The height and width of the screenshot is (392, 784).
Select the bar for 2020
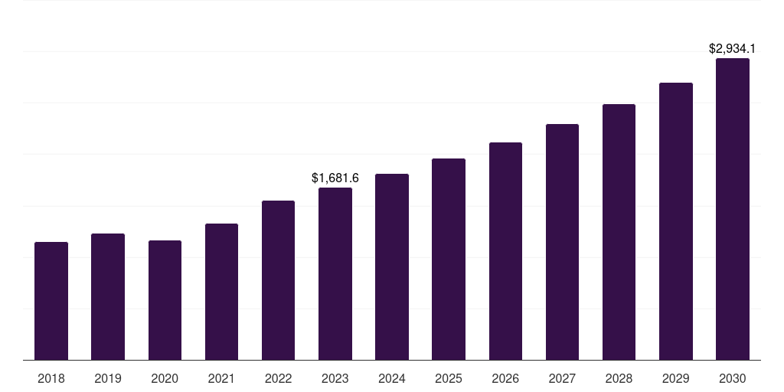tap(165, 300)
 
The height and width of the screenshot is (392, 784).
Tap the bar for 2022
tap(278, 280)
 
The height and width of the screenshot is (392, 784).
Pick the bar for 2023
tap(335, 274)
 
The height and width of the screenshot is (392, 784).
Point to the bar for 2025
tap(449, 260)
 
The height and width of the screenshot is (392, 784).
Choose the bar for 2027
tap(562, 242)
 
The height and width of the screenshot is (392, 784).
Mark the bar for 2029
tap(675, 221)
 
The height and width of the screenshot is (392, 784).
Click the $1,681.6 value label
tap(335, 178)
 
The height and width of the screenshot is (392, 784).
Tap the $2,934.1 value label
tap(733, 48)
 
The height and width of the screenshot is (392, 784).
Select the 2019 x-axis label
tap(108, 378)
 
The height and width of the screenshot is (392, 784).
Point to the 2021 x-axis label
tap(221, 378)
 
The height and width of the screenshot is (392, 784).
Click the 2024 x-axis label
tap(392, 378)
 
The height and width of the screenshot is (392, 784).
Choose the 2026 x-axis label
tap(505, 378)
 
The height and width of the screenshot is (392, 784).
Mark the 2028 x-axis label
tap(619, 378)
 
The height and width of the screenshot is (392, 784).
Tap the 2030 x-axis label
tap(733, 378)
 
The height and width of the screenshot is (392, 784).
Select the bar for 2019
tap(108, 297)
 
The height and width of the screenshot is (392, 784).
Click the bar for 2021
tap(221, 292)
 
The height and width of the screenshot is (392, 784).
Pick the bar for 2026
tap(505, 251)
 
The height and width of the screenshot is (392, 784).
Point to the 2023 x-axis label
tap(335, 378)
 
